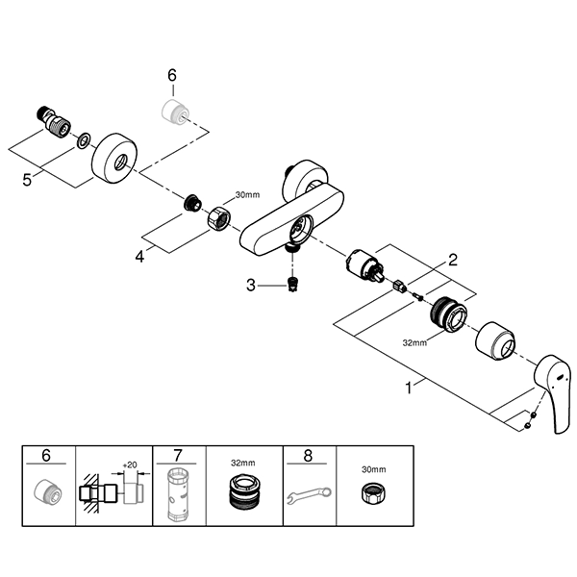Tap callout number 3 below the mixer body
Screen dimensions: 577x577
[x=252, y=284]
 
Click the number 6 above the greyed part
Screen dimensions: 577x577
[x=172, y=74]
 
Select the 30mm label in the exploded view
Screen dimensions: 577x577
[x=248, y=195]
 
